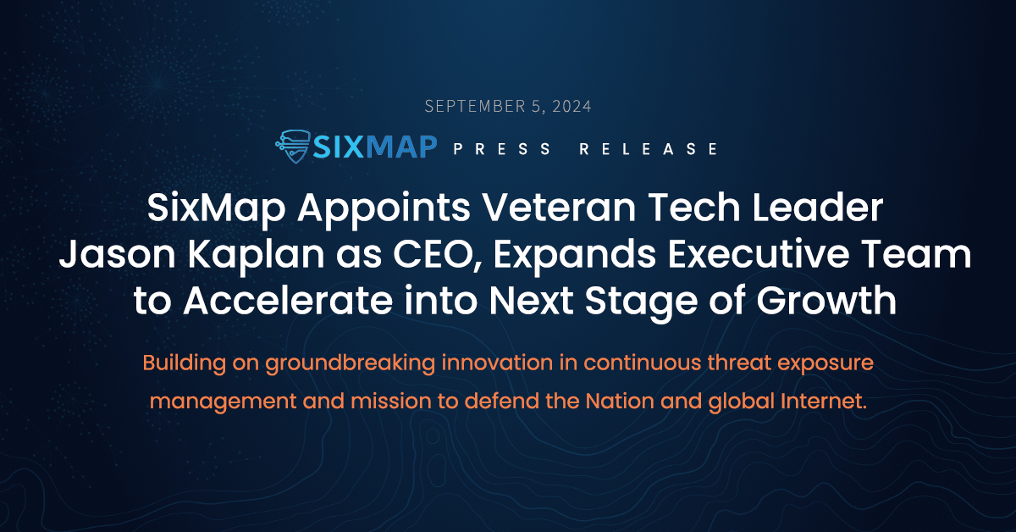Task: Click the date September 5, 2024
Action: [x=508, y=106]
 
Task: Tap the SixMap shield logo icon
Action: [x=293, y=147]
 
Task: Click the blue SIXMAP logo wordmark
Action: [x=375, y=147]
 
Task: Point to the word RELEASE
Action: [x=649, y=149]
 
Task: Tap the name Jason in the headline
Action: [x=117, y=255]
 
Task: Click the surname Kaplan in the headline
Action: [x=256, y=257]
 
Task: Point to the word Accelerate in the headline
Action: [x=288, y=301]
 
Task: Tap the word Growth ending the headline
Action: [x=826, y=301]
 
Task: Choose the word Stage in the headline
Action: [x=641, y=302]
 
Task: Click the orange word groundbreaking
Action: [x=351, y=364]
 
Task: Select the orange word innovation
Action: [x=497, y=363]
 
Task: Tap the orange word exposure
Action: [x=825, y=364]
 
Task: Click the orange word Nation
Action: [x=620, y=402]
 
